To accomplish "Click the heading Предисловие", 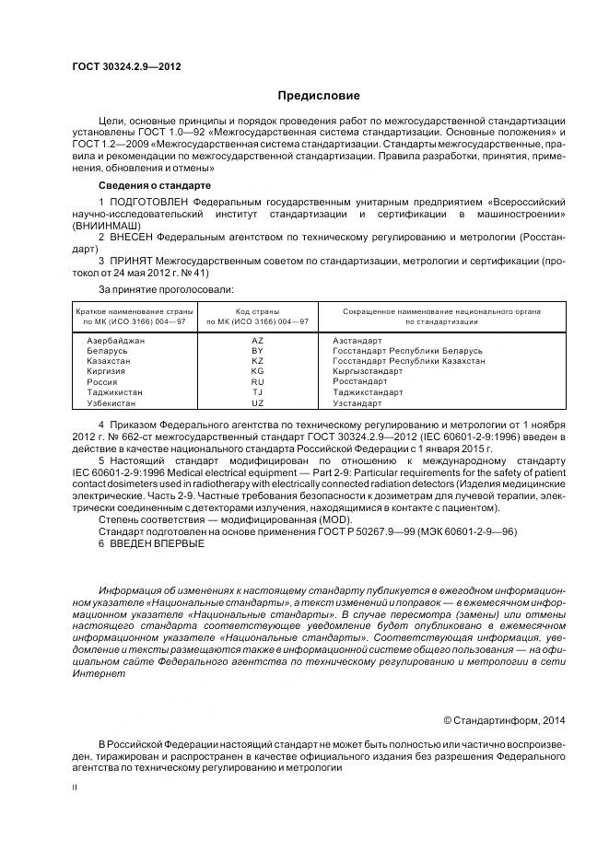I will (x=319, y=96).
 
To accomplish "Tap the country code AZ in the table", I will (x=257, y=341).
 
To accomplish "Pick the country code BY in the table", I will (x=257, y=351).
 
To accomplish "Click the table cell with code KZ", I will (x=257, y=361).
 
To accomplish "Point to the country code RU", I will (x=257, y=381).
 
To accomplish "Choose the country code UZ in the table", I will (x=257, y=402).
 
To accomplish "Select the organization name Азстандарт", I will (x=357, y=341).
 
